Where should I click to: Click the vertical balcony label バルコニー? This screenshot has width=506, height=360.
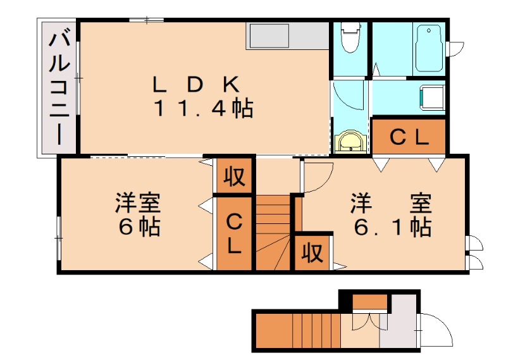[x=59, y=88]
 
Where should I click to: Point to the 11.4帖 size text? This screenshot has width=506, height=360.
[x=204, y=109]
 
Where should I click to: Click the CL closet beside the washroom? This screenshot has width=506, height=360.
[x=409, y=137]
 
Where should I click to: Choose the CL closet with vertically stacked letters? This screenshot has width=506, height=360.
[x=234, y=234]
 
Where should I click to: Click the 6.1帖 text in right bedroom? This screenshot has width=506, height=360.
[x=392, y=226]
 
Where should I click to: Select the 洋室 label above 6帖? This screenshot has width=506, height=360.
[x=138, y=204]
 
